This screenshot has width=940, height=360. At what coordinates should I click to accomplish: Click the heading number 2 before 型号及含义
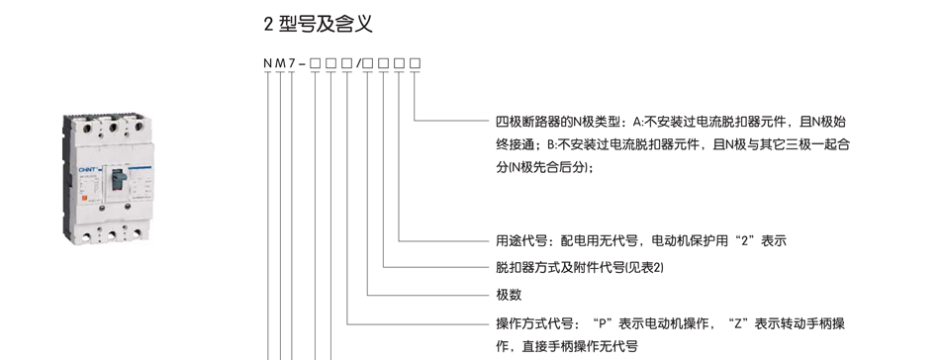(x=268, y=22)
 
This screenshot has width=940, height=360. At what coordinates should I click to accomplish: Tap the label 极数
(x=509, y=295)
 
